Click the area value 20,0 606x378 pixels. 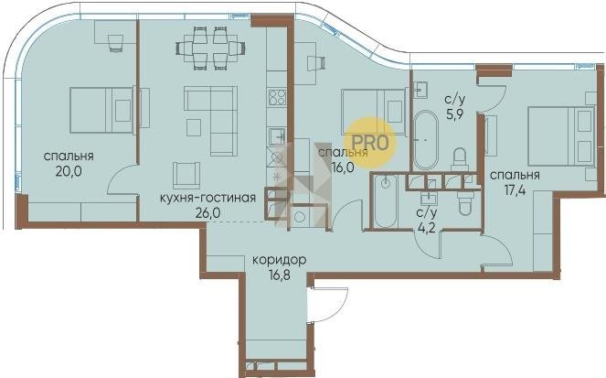coord(69,171)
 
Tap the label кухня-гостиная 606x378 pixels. coord(207,198)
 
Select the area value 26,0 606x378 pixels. coord(207,212)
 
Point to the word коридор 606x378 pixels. coord(279,260)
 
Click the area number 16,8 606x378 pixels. coord(279,275)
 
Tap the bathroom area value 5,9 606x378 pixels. coord(455,115)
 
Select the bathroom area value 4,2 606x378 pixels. coord(426,228)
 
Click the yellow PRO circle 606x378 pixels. coord(369,143)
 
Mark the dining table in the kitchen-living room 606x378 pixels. coord(211,49)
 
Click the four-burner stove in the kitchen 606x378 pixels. coord(277,98)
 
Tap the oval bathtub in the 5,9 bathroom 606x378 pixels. coord(426,140)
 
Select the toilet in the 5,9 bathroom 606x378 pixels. coord(460,158)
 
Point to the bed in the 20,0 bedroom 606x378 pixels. coord(101,110)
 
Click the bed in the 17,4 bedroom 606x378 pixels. coord(561,135)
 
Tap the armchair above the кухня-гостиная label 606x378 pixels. coord(186,175)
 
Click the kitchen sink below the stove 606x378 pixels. coord(277,136)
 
